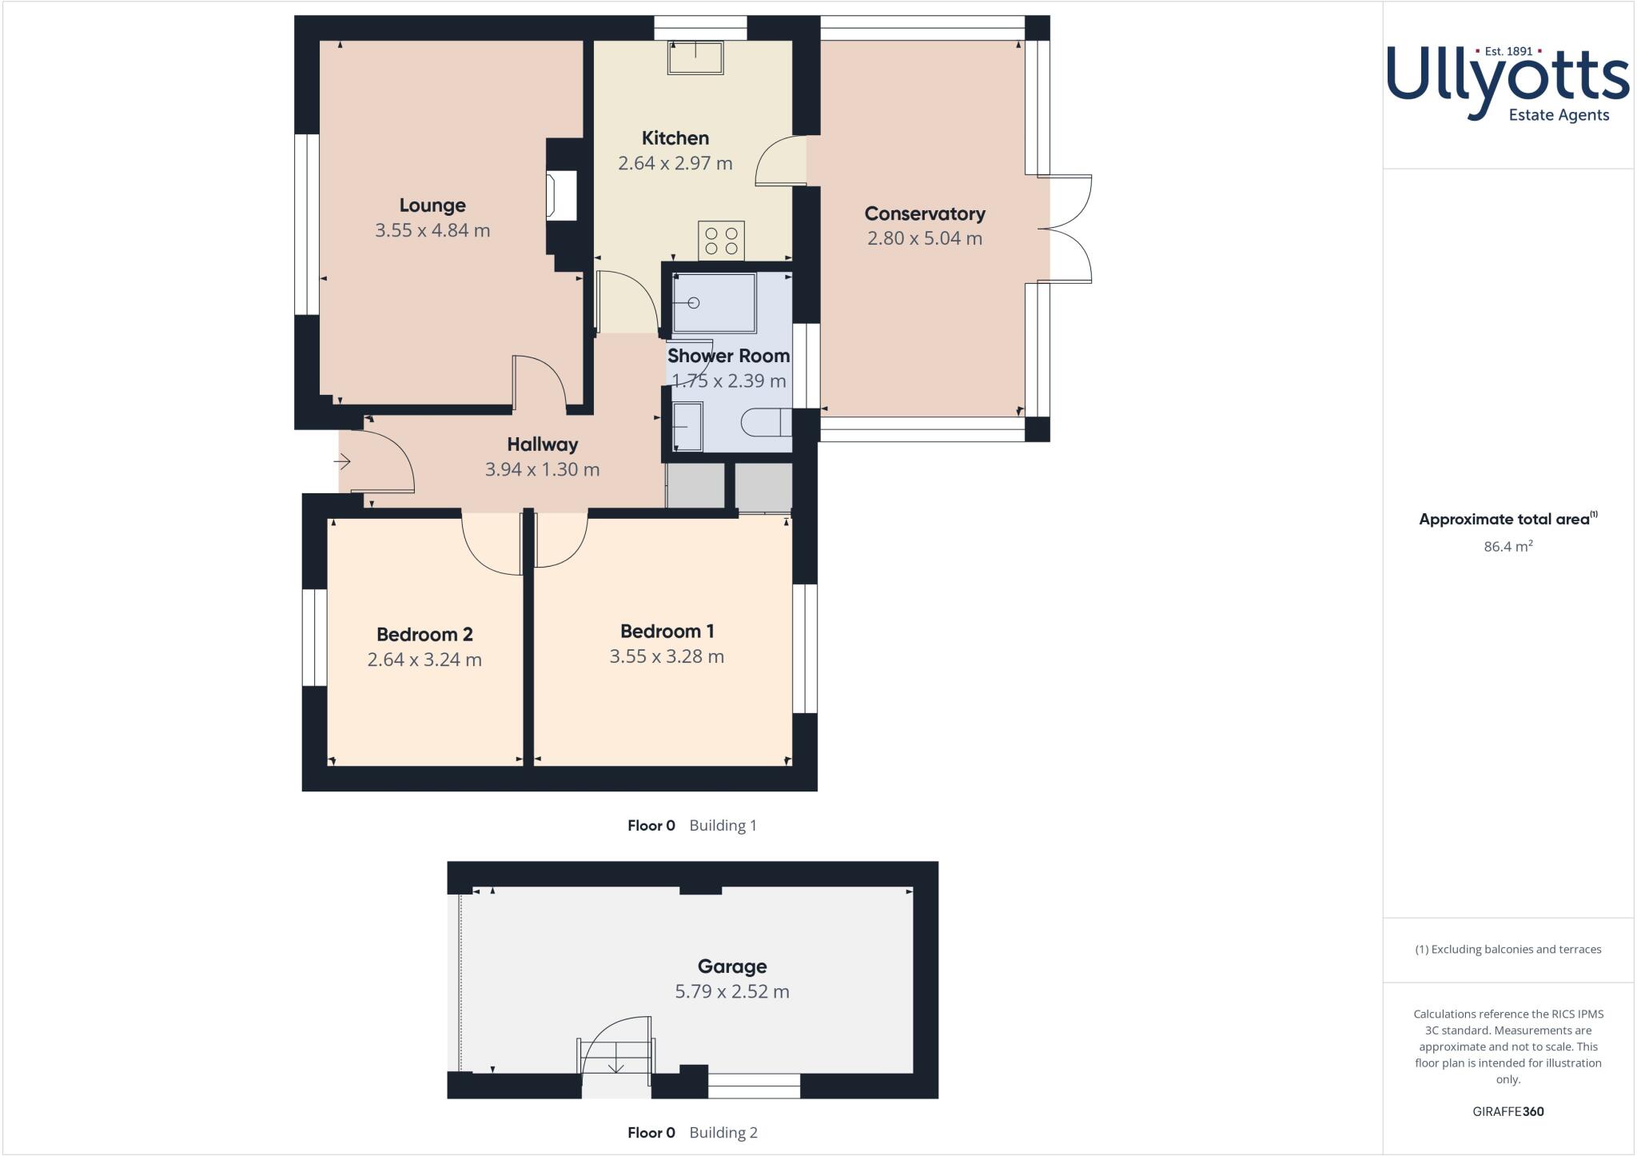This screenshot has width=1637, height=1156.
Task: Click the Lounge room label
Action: [432, 205]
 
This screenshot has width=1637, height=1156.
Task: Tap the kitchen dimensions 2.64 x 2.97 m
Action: [675, 163]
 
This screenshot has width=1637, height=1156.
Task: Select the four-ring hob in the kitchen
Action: [722, 241]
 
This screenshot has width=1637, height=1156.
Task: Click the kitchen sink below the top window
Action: [695, 58]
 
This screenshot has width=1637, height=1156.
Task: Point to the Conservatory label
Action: [925, 213]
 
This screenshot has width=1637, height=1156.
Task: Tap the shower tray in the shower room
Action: [715, 303]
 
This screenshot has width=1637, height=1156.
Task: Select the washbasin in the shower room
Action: [687, 426]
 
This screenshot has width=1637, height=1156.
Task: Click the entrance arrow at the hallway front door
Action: [343, 461]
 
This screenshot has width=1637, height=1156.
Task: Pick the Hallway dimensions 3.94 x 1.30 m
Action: [542, 469]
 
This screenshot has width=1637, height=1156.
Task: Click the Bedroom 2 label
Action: [424, 635]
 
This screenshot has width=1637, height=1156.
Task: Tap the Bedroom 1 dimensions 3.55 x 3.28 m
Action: [667, 656]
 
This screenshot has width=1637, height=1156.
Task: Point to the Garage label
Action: [731, 967]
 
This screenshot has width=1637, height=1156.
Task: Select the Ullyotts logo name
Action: [1508, 80]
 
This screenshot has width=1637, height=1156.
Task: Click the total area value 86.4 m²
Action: [1508, 547]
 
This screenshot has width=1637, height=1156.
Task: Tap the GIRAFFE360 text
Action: [1508, 1111]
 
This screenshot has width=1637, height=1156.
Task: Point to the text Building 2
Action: [723, 1132]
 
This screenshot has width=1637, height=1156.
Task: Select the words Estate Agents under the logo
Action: [1559, 115]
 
